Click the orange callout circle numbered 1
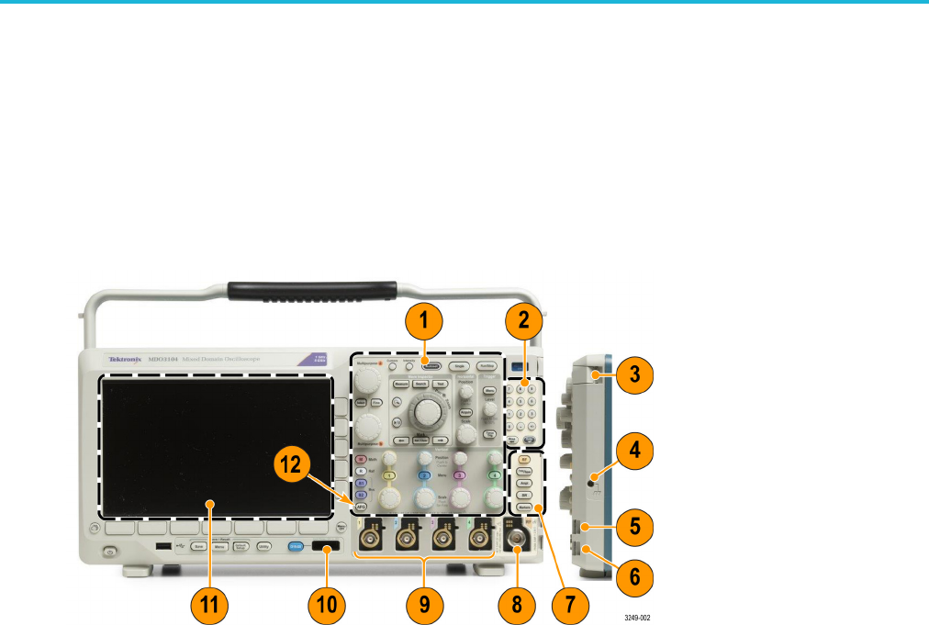tap(424, 322)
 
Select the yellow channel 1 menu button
tap(389, 476)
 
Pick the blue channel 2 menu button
tap(425, 476)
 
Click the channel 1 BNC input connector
tap(372, 535)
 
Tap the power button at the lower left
tap(109, 552)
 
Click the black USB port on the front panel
tap(162, 547)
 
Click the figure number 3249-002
tap(638, 618)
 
